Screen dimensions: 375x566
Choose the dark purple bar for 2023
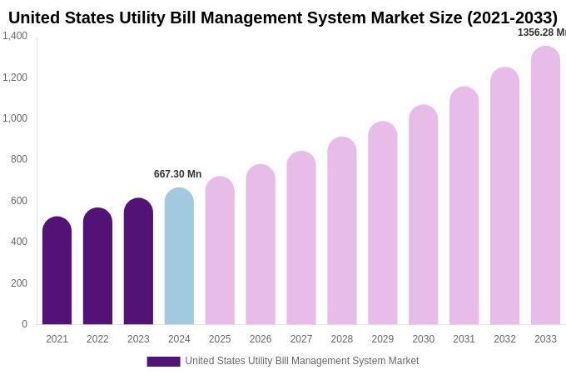[138, 262]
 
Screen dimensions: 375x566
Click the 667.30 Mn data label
[177, 174]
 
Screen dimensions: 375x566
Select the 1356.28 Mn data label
[541, 32]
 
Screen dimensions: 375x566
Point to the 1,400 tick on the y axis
[15, 36]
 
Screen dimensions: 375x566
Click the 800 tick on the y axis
[18, 159]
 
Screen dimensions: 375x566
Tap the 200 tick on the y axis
[18, 283]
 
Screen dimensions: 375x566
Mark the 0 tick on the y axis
[24, 324]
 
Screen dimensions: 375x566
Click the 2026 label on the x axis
[261, 339]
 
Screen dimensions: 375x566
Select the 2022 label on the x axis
[97, 339]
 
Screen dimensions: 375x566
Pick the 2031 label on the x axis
[464, 339]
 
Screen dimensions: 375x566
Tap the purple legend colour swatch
[163, 362]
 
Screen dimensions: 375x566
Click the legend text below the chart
[301, 361]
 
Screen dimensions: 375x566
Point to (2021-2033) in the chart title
[512, 17]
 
